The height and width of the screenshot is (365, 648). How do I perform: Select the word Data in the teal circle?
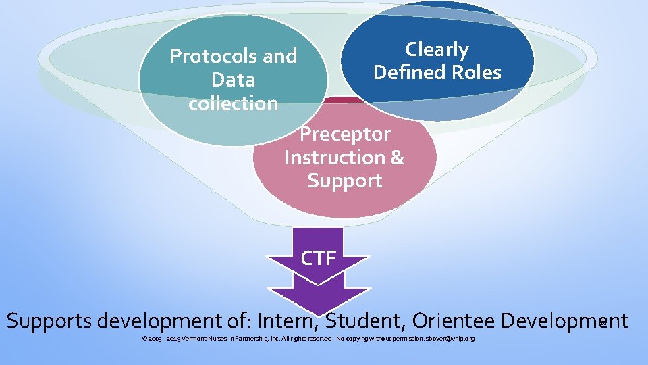(x=233, y=80)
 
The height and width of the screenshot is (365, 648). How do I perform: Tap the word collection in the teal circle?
(x=233, y=103)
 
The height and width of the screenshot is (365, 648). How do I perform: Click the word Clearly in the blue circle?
(x=437, y=49)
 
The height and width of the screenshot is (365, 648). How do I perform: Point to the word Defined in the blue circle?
(x=406, y=72)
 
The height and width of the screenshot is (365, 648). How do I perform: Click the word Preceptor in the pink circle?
(x=345, y=134)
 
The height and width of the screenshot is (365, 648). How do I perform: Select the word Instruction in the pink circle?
(x=333, y=157)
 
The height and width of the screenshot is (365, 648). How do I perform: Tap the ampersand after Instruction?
(x=397, y=157)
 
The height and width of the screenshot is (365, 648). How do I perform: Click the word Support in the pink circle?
(x=345, y=181)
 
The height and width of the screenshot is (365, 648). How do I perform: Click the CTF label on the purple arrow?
(x=318, y=258)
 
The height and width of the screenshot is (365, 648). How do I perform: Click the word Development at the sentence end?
(x=570, y=320)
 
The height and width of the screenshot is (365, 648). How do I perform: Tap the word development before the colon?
(x=165, y=320)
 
